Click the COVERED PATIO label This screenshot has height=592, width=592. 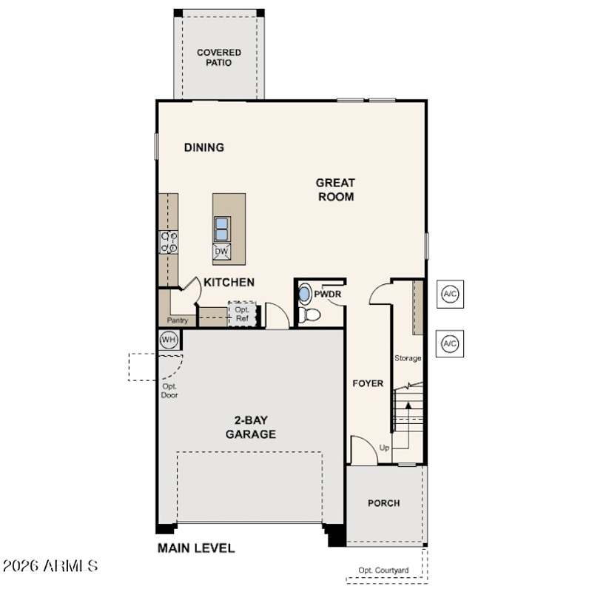pos(219,58)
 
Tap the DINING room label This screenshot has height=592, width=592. pos(204,147)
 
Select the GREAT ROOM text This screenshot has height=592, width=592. pos(336,189)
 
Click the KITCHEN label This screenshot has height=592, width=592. pos(229,282)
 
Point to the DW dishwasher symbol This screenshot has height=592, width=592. pos(221,252)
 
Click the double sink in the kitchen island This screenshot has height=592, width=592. pos(221,229)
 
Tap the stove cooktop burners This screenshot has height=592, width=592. pos(169,242)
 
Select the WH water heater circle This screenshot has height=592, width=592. pos(169,340)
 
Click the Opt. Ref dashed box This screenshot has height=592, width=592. pos(242,314)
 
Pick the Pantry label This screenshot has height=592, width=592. pos(178,320)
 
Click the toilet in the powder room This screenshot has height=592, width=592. pos(309,314)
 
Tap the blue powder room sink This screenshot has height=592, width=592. pos(304,293)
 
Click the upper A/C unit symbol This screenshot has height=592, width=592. pos(450,294)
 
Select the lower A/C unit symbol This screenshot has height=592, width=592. pos(450,343)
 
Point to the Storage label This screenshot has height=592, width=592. pos(408,358)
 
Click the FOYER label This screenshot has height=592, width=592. pos(368,383)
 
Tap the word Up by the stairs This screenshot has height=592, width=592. pos(384,448)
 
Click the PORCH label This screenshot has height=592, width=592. pos(383,503)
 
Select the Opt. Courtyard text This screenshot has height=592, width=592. pos(383,571)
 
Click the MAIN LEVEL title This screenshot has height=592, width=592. pos(196,548)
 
